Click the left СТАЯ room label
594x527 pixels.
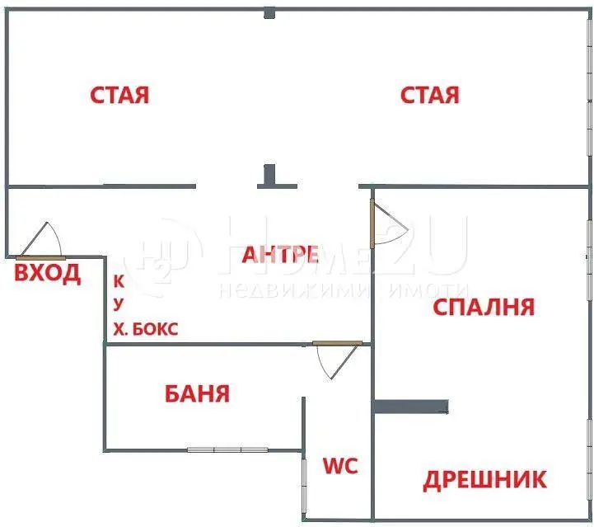119,95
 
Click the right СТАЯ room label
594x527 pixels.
430,95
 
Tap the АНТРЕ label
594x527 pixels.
280,255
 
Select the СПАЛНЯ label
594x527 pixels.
484,307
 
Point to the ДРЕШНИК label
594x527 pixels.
484,479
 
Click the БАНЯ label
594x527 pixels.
196,393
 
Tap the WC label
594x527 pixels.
339,466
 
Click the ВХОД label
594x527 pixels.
48,274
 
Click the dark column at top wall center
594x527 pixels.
269,12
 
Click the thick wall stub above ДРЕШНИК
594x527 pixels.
411,407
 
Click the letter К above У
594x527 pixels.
119,280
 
